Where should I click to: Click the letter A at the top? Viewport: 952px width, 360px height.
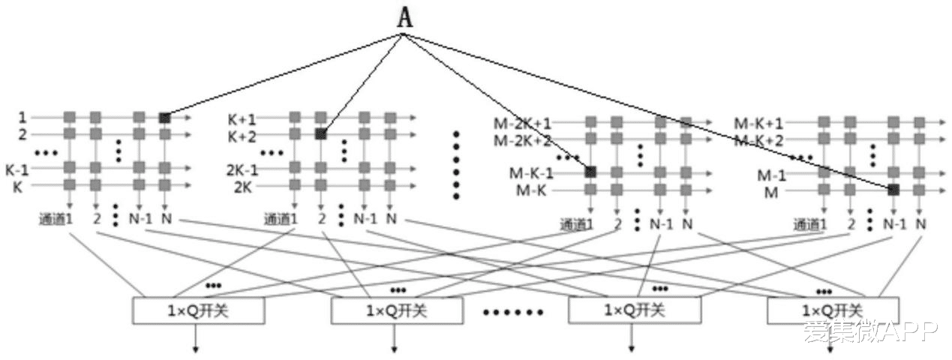tap(404, 19)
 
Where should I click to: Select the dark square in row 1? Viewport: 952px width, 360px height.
tap(164, 118)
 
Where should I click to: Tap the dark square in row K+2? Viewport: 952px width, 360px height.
tap(320, 134)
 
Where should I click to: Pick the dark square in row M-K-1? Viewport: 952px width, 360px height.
tap(590, 172)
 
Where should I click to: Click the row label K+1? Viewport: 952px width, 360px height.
tap(242, 119)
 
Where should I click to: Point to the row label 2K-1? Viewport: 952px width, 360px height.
tap(242, 169)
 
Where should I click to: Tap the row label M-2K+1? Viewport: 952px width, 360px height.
tap(522, 123)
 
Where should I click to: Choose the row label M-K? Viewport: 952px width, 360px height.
tap(534, 190)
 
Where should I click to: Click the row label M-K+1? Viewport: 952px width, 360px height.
tap(758, 123)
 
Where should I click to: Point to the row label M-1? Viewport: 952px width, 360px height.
tap(770, 175)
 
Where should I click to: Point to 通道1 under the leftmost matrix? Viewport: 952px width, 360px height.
tap(56, 220)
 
